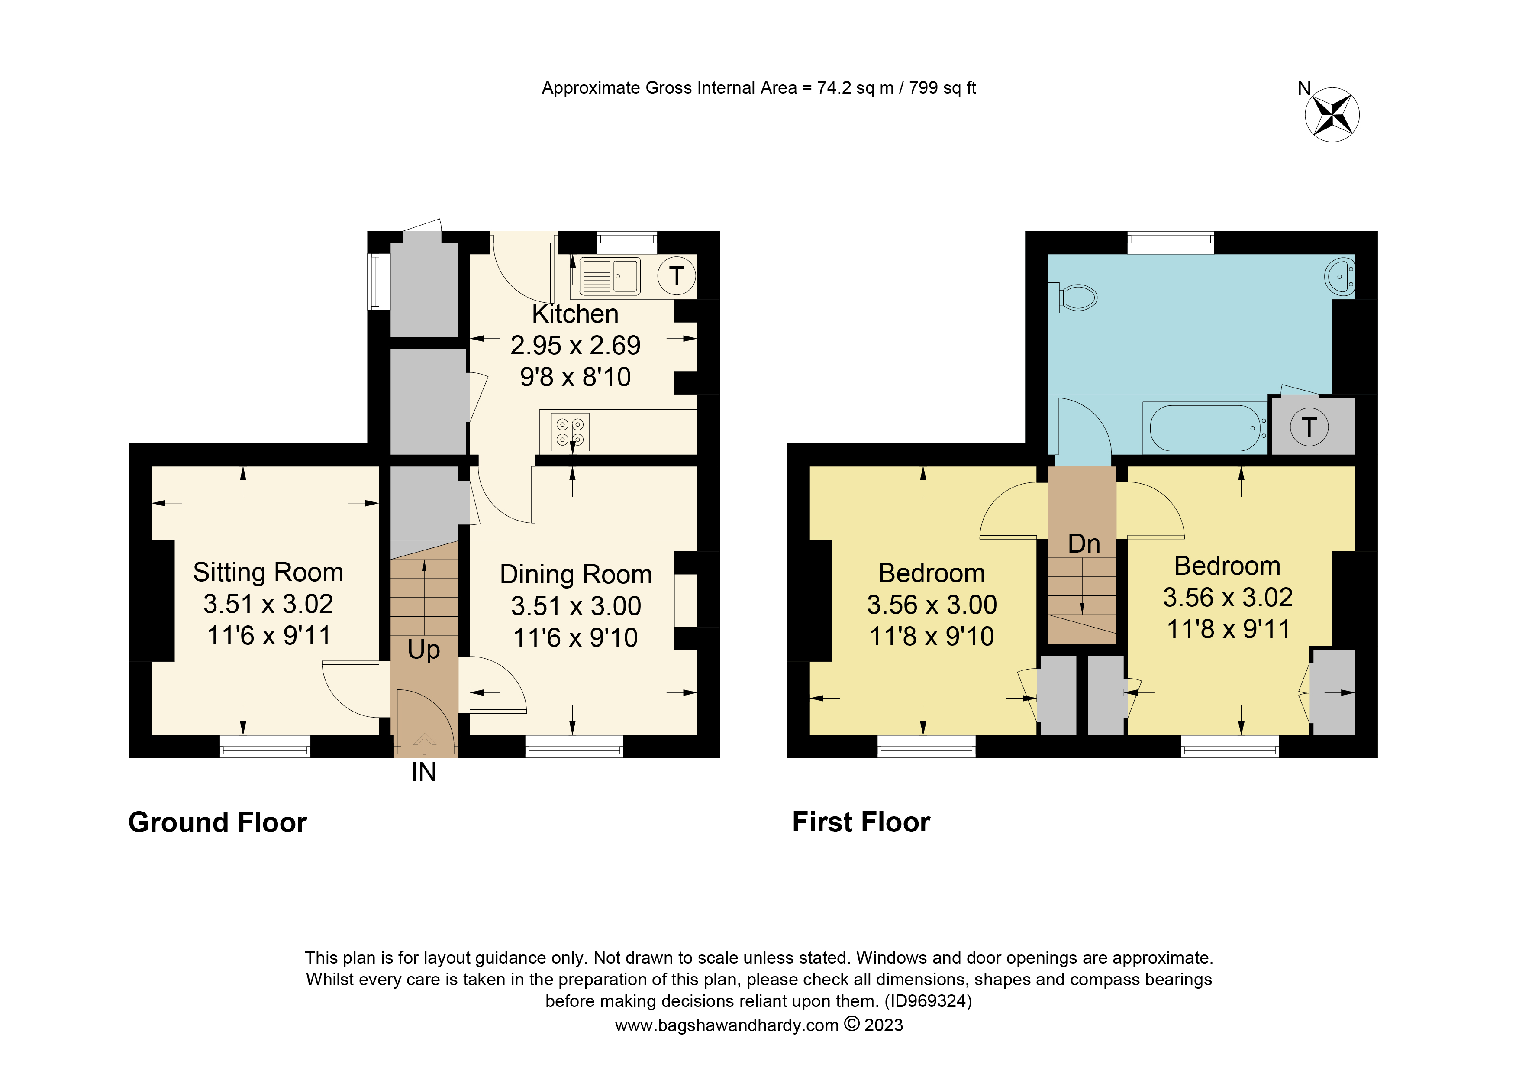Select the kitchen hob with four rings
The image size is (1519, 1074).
click(570, 432)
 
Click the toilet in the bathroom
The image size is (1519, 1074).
click(1076, 297)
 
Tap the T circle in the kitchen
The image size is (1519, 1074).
click(676, 276)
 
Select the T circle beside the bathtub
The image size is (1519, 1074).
click(1309, 427)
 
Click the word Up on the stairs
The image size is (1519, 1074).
click(423, 650)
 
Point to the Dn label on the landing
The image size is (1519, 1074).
click(1084, 544)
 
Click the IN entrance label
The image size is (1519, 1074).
click(423, 772)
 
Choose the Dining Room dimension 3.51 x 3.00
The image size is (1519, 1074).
click(576, 606)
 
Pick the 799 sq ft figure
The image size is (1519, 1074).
click(942, 88)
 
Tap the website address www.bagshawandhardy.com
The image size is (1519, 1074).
click(726, 1025)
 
